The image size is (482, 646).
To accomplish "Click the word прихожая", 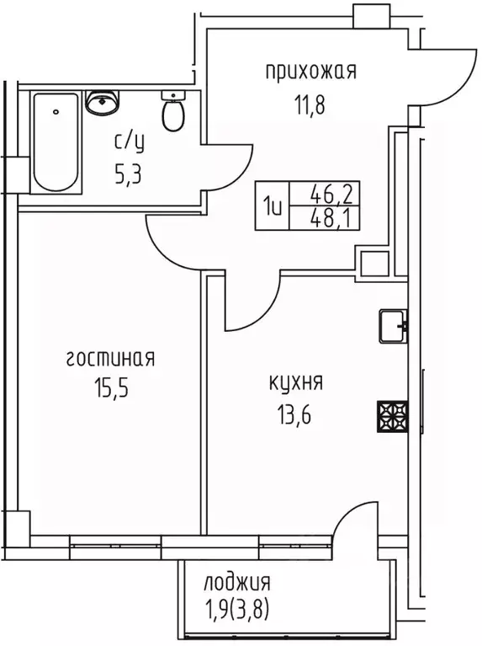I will (310, 72).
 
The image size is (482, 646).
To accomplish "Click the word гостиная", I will (110, 359).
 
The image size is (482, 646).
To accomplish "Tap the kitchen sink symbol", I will (393, 325).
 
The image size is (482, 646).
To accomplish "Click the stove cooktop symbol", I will (392, 414).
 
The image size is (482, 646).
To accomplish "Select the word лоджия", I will (236, 582).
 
